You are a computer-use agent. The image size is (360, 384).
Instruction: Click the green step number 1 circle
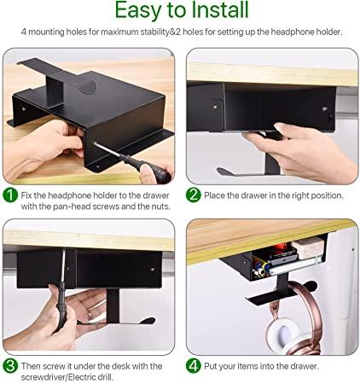10,195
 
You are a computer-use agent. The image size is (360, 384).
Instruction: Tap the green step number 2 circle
193,195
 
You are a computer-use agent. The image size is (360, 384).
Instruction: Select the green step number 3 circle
10,366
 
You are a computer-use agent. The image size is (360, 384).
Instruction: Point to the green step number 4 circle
193,366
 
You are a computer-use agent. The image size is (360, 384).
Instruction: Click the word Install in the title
220,9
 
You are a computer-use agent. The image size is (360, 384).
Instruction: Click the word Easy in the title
137,11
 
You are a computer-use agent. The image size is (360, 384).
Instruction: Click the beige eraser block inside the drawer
308,247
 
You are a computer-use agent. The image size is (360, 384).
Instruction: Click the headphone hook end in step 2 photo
224,172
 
